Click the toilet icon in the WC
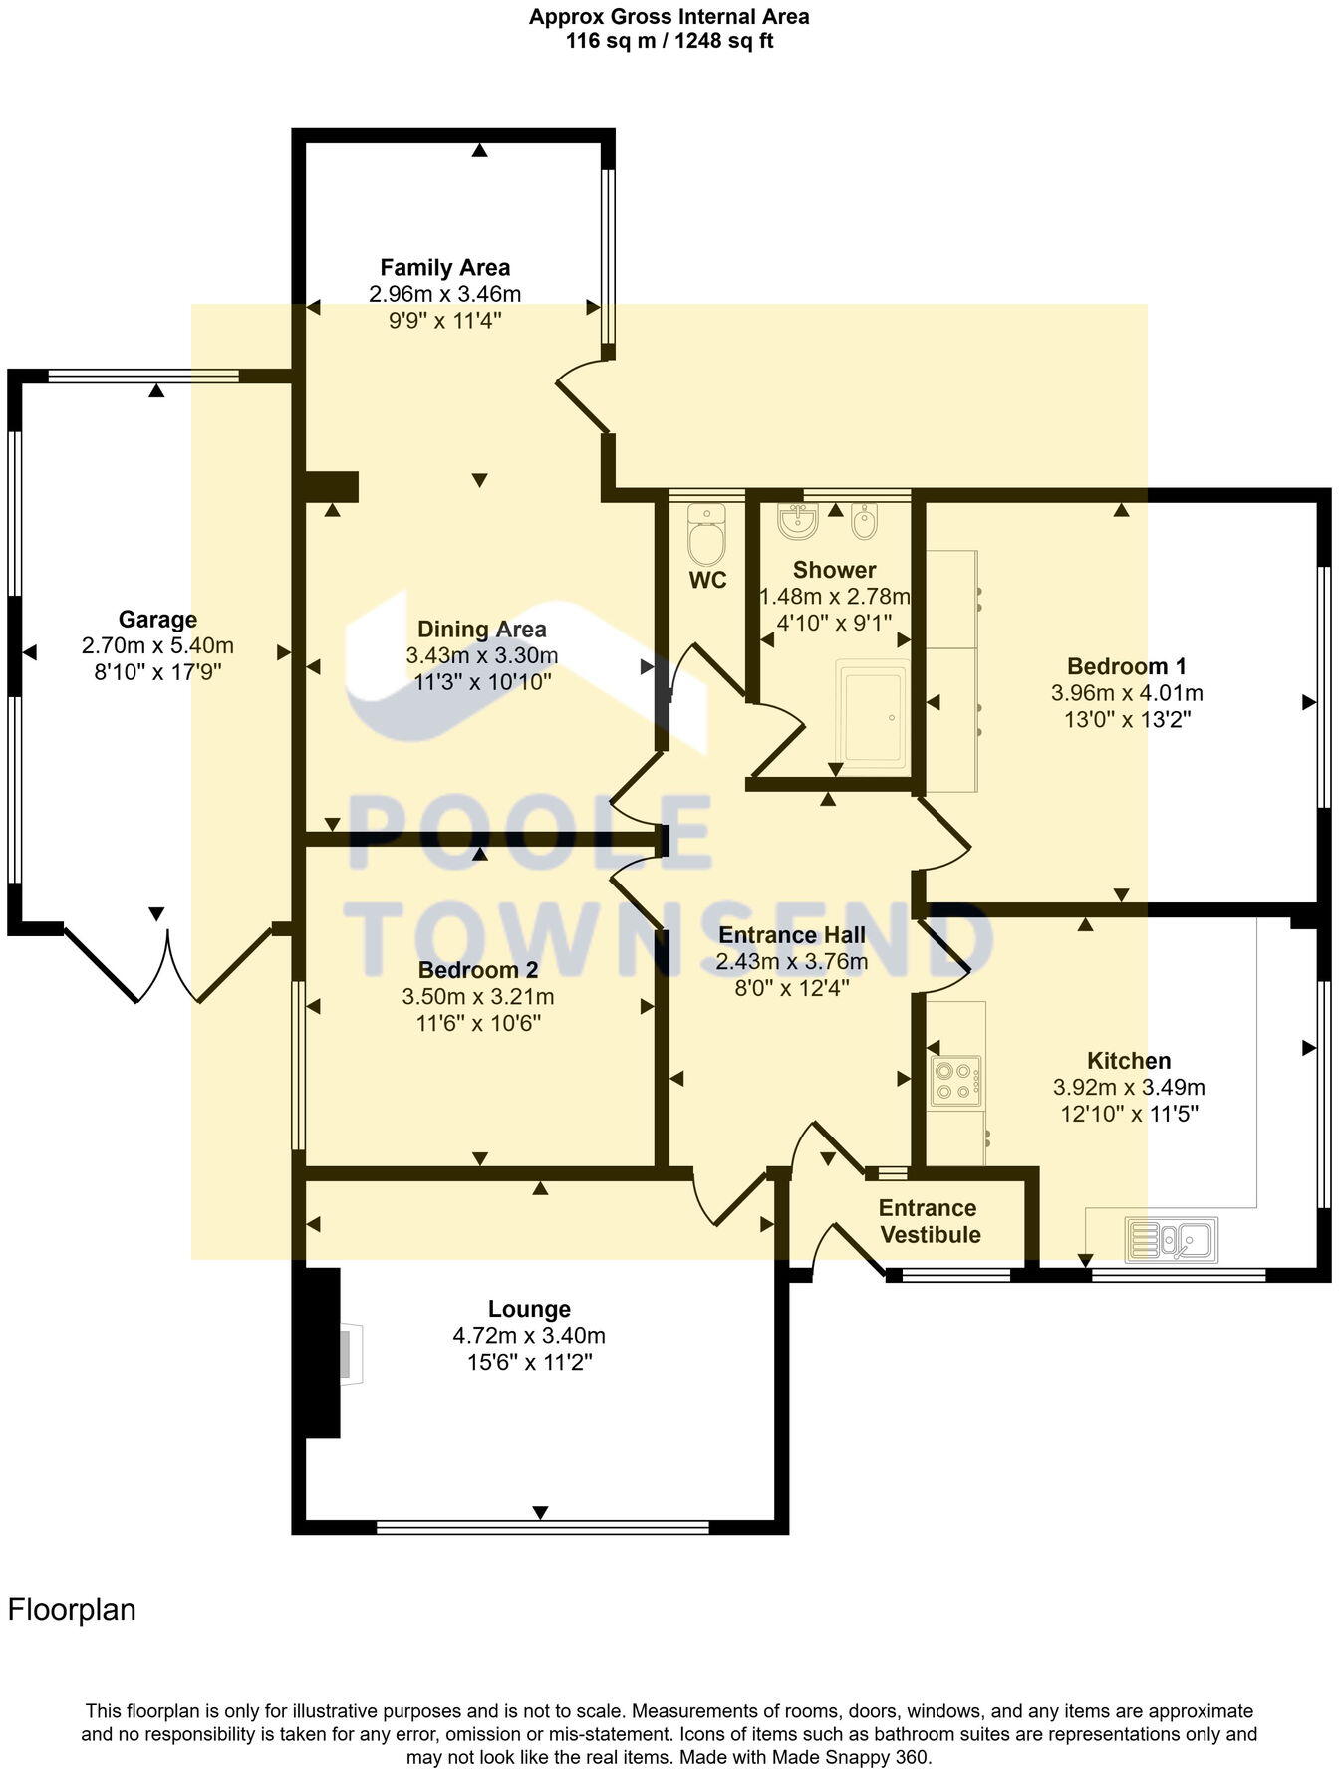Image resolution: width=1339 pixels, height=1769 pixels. tap(708, 536)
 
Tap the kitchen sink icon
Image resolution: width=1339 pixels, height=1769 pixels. tap(1172, 1240)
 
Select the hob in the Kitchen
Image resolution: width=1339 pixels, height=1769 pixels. tap(955, 1082)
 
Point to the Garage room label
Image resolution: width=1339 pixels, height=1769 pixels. tap(157, 620)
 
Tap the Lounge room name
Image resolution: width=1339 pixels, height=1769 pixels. tap(529, 1309)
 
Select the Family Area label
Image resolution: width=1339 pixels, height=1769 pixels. tap(445, 267)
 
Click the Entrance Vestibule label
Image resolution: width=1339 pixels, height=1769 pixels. tap(929, 1221)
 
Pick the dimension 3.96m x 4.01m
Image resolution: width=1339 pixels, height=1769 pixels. tap(1127, 692)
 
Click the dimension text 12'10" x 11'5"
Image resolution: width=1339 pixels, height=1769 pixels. tap(1129, 1113)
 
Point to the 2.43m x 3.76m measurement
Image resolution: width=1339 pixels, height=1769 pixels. tap(791, 961)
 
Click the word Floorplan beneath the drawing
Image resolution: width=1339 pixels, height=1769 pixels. tap(72, 1609)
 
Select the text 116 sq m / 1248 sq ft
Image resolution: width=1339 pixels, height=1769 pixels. tap(669, 41)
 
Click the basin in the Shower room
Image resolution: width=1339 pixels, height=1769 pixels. tap(797, 521)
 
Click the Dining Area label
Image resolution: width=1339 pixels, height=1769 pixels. tap(481, 629)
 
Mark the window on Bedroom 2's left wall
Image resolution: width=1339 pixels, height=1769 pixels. tap(297, 1066)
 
